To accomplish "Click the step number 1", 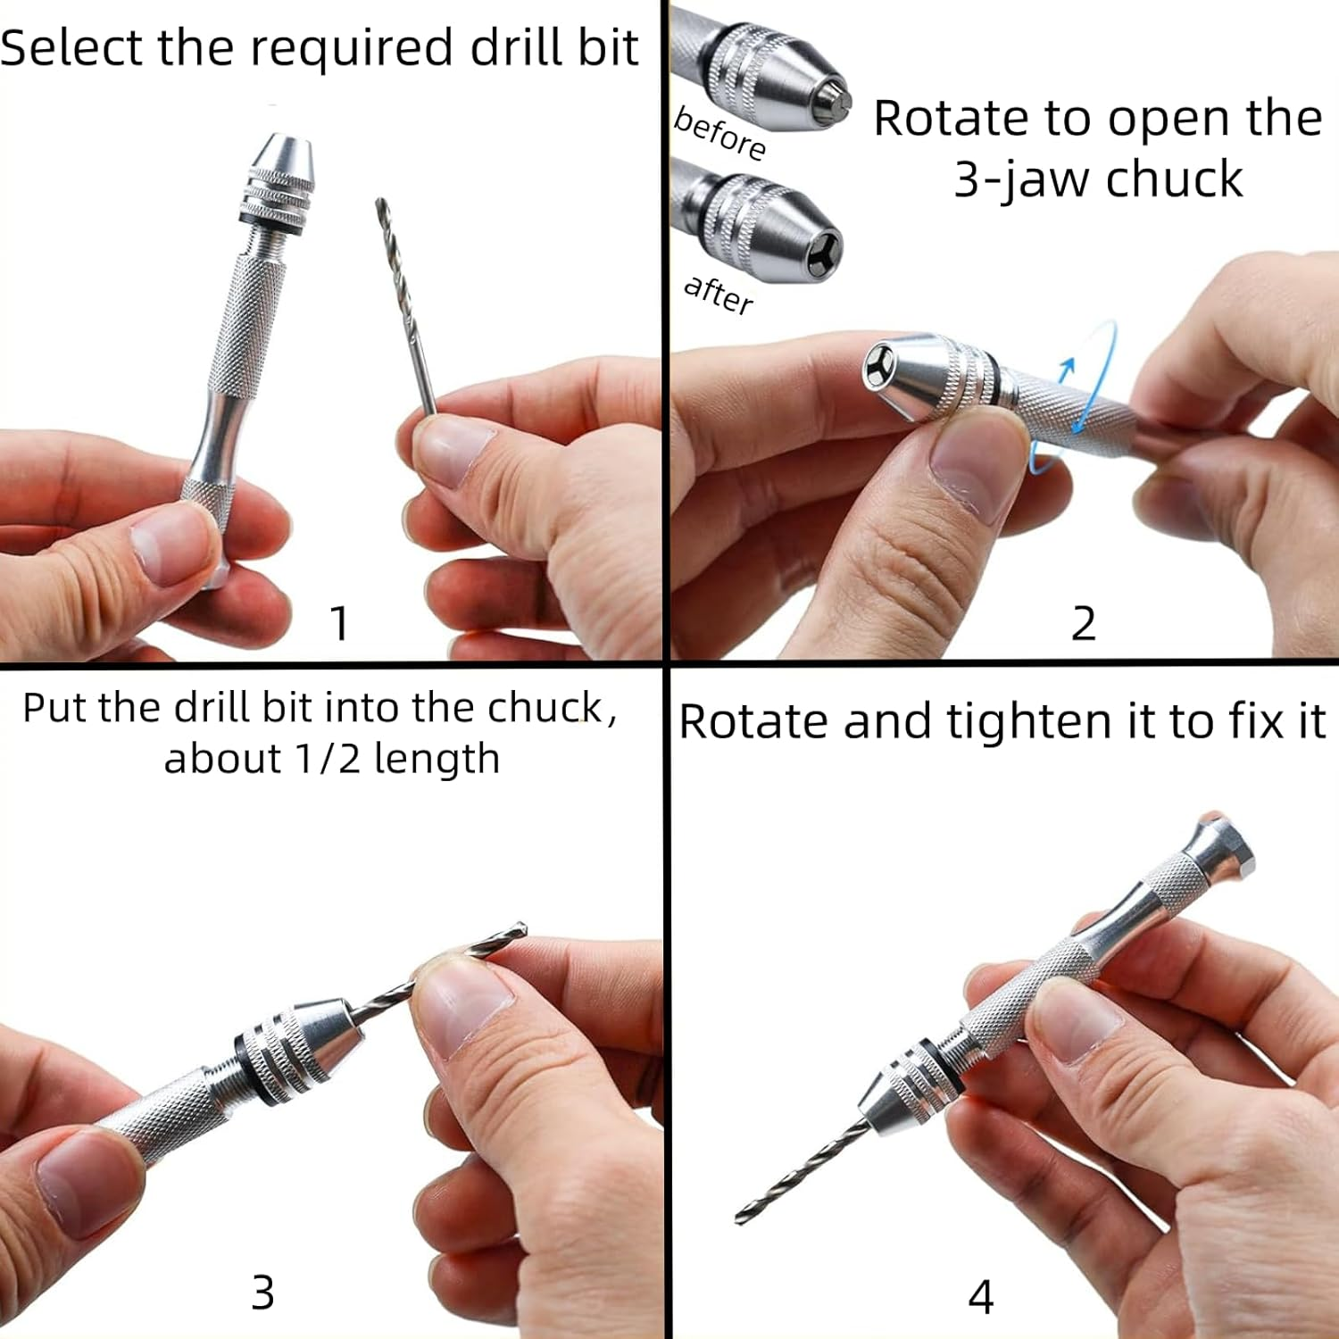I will tap(339, 622).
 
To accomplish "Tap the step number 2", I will tap(1083, 622).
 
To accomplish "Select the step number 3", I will tap(262, 1292).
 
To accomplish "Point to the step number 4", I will tap(980, 1297).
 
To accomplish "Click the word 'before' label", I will tap(719, 133).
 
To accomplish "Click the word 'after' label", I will tap(718, 294).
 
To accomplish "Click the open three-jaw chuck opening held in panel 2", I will tap(881, 368).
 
